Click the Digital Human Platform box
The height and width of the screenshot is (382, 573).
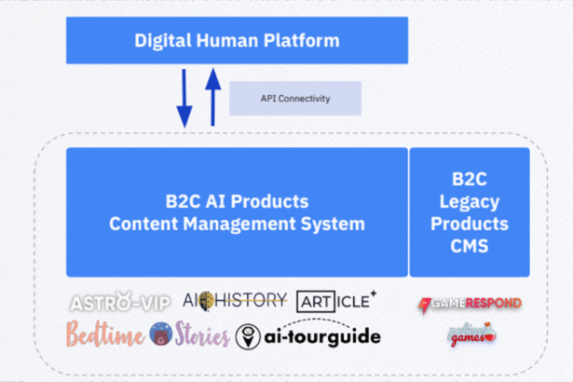click(x=237, y=41)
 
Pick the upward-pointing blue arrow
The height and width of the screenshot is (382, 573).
click(x=211, y=97)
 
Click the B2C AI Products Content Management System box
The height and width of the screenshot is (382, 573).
click(x=237, y=212)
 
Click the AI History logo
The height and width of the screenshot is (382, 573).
click(x=235, y=300)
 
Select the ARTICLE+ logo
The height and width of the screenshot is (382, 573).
click(x=336, y=300)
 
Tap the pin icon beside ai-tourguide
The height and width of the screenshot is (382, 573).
click(x=248, y=336)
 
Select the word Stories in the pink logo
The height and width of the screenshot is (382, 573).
click(x=202, y=334)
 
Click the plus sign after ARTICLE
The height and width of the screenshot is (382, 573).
click(x=373, y=294)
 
